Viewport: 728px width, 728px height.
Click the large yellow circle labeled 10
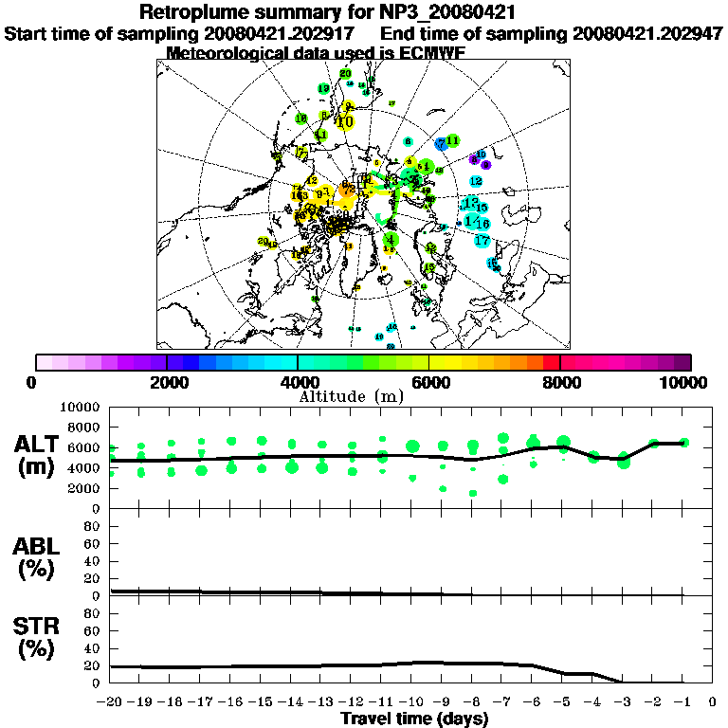(x=345, y=121)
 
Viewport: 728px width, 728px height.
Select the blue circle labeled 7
(x=441, y=143)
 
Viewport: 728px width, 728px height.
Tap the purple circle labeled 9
(x=485, y=165)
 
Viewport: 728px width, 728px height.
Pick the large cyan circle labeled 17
(x=482, y=241)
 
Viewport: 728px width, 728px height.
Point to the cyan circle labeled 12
(x=476, y=181)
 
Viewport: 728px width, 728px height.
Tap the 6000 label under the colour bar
(x=429, y=382)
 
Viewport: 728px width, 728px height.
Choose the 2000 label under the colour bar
(x=167, y=382)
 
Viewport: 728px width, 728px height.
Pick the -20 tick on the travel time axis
(x=111, y=703)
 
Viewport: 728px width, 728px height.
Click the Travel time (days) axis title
(x=414, y=719)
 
